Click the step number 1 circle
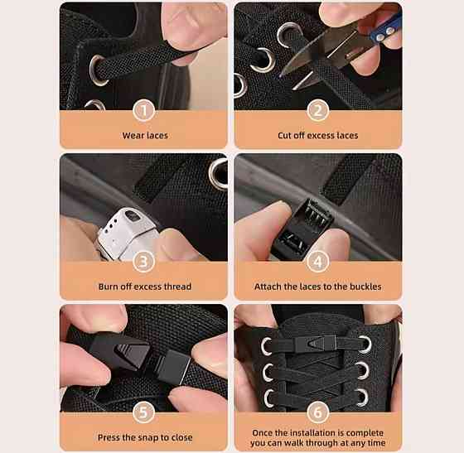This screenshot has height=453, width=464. [x=144, y=111]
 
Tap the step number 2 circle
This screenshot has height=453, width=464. [x=318, y=111]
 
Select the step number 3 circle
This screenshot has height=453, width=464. [x=144, y=262]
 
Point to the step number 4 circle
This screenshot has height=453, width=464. [x=318, y=262]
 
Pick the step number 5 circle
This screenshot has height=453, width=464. [x=144, y=412]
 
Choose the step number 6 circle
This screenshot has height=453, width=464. [x=318, y=412]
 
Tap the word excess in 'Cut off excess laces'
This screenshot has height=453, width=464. [x=321, y=136]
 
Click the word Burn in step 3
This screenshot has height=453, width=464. [x=108, y=287]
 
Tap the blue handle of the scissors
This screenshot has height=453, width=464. [x=387, y=29]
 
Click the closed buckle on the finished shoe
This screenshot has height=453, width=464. [x=316, y=344]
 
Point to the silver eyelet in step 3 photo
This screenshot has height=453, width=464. [x=219, y=173]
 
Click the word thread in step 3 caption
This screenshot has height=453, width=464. [x=178, y=287]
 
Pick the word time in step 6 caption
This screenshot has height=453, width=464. [x=376, y=443]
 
